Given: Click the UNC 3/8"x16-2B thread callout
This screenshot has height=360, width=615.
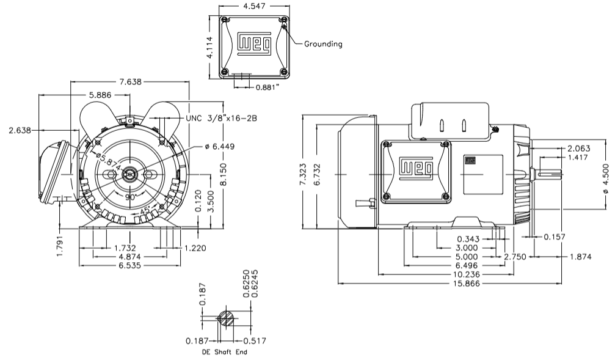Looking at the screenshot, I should point(223,119).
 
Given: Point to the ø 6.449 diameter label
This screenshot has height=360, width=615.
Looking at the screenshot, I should point(222,147).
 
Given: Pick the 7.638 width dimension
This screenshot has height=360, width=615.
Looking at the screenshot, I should point(130,81).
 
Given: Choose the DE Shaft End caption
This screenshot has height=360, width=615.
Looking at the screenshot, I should point(224,353).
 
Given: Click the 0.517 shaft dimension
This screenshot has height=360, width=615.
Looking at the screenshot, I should point(253,340).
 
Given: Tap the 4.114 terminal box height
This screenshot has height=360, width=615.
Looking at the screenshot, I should point(210,46).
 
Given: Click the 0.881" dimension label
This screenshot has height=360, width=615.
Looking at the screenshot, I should point(267,87).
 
